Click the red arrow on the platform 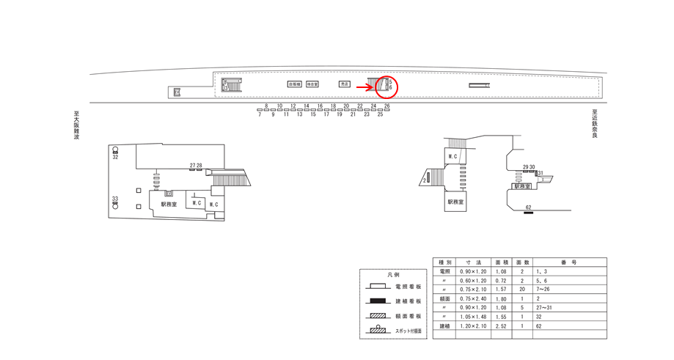pos(365,87)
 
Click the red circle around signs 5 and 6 pos(387,87)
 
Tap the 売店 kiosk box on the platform pos(345,84)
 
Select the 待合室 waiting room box pos(312,84)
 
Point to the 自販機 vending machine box pos(295,84)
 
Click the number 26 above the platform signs pos(387,106)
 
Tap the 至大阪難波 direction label pos(76,125)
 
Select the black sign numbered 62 pos(528,213)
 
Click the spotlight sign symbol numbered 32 pos(115,150)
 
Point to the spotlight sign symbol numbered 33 pos(115,205)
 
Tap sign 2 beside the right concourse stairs pos(426,178)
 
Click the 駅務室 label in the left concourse pos(169,205)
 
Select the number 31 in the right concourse pos(540,173)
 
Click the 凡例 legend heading pos(393,275)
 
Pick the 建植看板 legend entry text pos(409,301)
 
